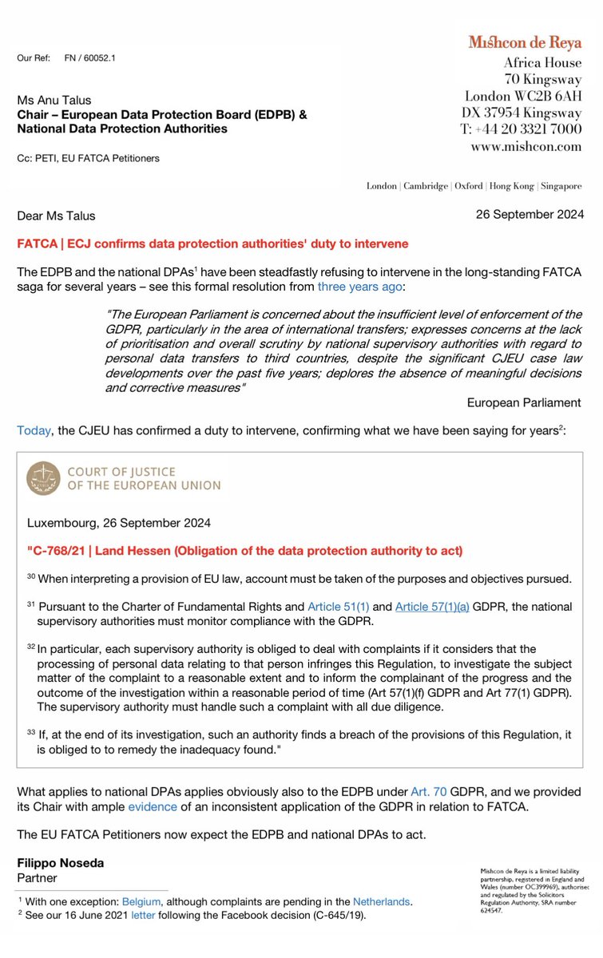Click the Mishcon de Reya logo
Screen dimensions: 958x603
[524, 42]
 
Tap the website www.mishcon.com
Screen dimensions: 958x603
[538, 147]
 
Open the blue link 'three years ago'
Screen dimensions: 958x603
[354, 285]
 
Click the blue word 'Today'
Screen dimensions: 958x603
[33, 430]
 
